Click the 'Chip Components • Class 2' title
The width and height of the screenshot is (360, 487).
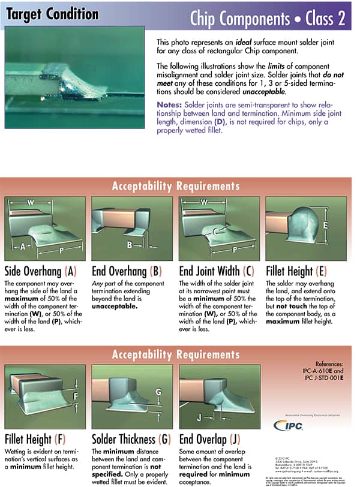pos(267,18)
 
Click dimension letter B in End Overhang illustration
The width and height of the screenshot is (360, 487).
pos(130,245)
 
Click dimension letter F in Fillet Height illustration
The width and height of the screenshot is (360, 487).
pos(75,396)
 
